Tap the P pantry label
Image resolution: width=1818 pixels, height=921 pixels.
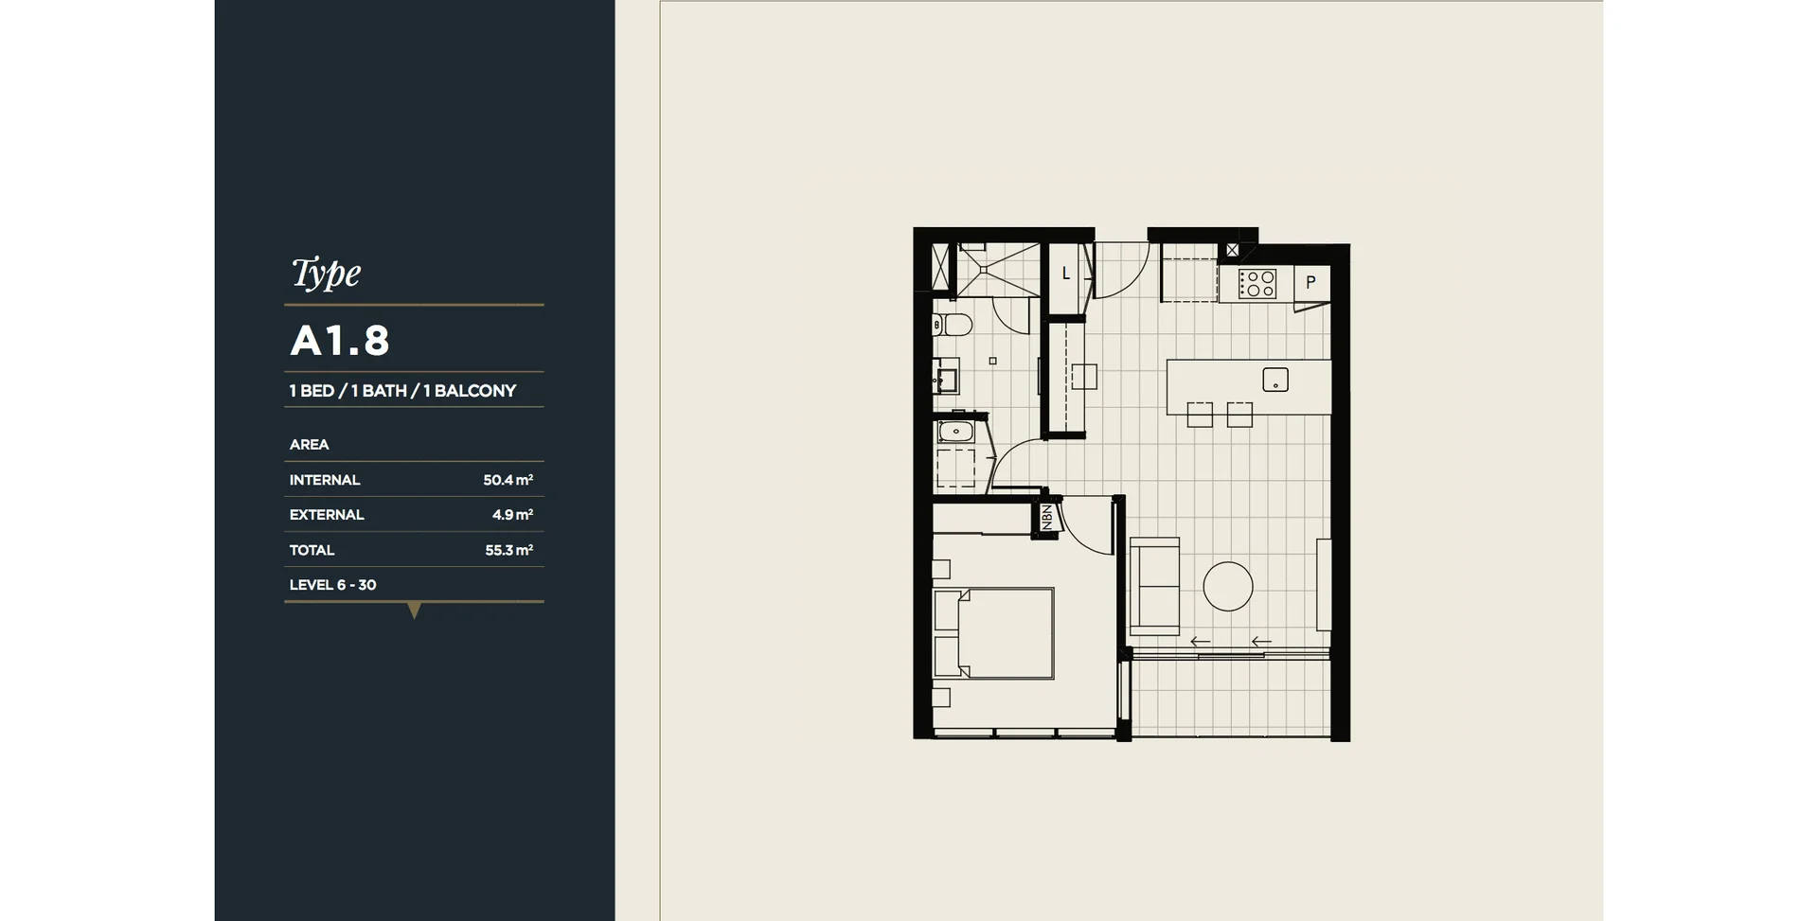pos(1310,282)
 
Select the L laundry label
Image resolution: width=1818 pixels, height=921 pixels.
pos(1065,274)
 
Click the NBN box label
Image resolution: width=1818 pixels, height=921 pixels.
pos(1046,517)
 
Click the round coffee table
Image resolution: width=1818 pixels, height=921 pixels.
pos(1228,586)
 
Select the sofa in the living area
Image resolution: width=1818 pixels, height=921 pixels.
pos(1154,586)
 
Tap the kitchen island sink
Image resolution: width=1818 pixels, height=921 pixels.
pos(1275,380)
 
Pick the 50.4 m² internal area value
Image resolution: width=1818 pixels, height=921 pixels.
pos(508,480)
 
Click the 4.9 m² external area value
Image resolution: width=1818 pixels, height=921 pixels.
pos(512,515)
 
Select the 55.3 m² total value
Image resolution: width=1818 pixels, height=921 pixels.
pos(509,550)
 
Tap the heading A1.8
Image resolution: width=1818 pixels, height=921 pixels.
pos(340,341)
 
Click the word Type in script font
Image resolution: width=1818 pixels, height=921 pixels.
pos(326,273)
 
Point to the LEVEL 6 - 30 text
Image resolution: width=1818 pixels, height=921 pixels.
pos(332,585)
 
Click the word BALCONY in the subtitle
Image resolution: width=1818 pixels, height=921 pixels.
pos(475,391)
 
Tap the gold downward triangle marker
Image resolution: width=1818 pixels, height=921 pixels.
pos(414,611)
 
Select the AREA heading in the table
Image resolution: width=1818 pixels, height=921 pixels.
pos(309,445)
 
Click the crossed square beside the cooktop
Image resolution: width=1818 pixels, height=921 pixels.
pos(1232,251)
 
